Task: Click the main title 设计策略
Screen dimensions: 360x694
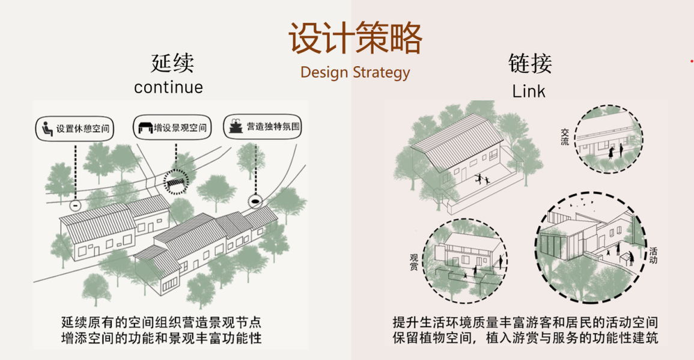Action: tap(355, 38)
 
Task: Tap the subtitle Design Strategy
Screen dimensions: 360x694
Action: tap(355, 73)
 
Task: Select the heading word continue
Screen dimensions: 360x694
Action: tap(168, 87)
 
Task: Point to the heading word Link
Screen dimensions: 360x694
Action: tap(529, 91)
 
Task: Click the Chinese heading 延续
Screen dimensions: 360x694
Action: tap(172, 63)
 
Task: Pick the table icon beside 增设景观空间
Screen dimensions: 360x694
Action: tap(144, 127)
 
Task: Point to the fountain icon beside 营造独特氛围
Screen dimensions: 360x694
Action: tap(236, 127)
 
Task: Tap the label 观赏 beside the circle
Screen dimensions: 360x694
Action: tap(414, 262)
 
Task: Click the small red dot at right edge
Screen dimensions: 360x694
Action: tap(692, 61)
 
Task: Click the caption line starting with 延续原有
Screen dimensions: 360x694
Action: tap(161, 322)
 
